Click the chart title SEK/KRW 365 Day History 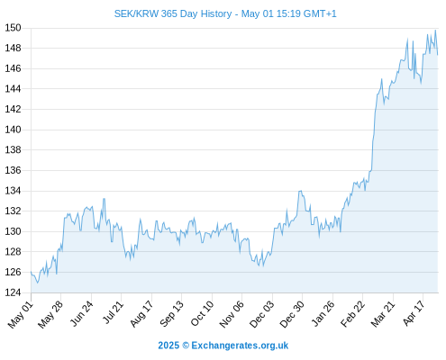point(173,13)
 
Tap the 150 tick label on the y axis point(13,28)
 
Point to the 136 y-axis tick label point(13,170)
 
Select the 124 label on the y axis point(13,292)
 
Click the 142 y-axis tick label point(13,109)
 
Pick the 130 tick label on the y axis point(13,231)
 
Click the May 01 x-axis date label point(21,314)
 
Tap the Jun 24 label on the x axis point(81,313)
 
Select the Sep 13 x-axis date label point(171,313)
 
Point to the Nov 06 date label point(232,314)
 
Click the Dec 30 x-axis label point(292,314)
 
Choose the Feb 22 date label point(352,313)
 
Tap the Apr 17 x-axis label point(414,313)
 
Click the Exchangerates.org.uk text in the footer point(240,346)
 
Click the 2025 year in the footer point(168,346)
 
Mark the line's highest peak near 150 point(435,30)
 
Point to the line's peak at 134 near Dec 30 point(300,191)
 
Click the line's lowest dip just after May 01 point(38,283)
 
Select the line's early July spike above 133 point(104,199)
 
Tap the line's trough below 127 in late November point(263,266)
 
